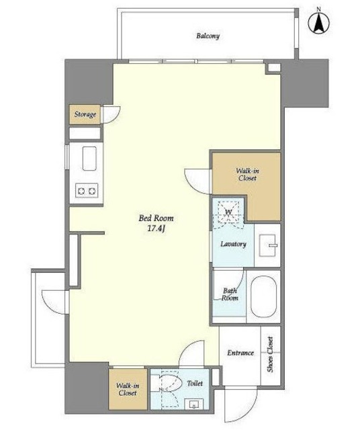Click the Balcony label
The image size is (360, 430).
208,36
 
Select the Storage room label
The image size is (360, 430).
85,114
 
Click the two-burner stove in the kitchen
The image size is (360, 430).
87,190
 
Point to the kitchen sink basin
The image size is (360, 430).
89,159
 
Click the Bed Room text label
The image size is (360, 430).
156,218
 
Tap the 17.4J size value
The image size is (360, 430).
156,228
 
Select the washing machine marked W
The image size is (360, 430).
229,212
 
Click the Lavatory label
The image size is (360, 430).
233,244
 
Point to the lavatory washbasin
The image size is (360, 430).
269,245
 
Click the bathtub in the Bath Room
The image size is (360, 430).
263,297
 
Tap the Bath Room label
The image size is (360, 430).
230,294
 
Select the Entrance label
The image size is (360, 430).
240,353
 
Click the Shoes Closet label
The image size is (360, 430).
271,354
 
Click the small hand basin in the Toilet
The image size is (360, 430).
194,404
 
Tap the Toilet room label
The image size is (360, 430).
195,383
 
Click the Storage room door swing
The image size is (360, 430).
111,115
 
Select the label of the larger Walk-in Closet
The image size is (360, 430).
247,175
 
